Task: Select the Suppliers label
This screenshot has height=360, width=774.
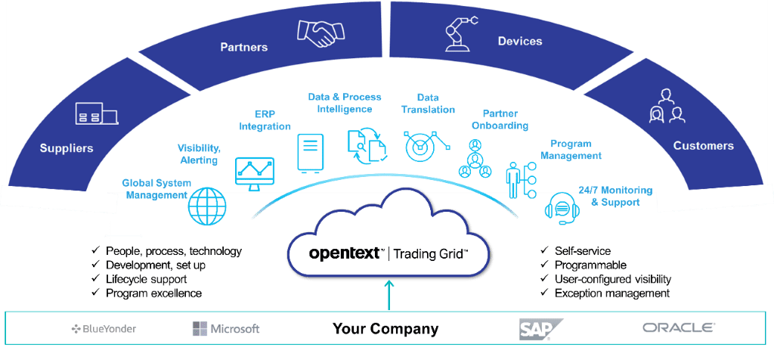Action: (x=67, y=148)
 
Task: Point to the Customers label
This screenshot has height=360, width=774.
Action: (x=703, y=145)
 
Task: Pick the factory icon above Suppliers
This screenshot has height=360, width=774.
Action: (x=96, y=114)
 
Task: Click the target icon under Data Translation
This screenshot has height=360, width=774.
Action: (x=422, y=146)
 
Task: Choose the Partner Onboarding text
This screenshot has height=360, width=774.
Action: (x=500, y=120)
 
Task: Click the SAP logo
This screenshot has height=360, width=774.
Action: (x=540, y=329)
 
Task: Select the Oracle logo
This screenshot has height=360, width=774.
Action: (x=678, y=328)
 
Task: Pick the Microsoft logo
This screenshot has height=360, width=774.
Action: (x=226, y=329)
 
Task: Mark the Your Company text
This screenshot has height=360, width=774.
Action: (x=385, y=329)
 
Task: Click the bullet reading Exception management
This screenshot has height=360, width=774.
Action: (x=611, y=293)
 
